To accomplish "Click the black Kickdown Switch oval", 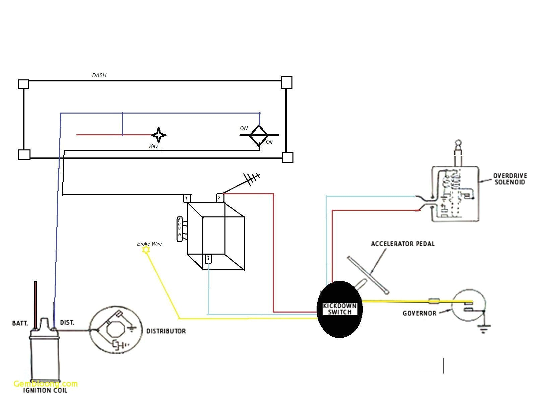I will (x=339, y=309).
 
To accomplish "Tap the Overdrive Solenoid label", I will (x=510, y=179).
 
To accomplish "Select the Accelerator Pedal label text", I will (x=403, y=244).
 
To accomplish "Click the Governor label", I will (x=419, y=314).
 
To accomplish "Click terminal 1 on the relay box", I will (x=187, y=199).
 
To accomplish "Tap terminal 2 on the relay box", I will (x=219, y=198).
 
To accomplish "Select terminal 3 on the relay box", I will (x=208, y=259).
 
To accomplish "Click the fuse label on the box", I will (x=180, y=229).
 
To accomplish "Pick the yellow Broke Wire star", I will (x=146, y=250).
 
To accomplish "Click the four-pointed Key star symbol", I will (x=158, y=135).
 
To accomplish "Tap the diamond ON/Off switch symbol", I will (x=259, y=135).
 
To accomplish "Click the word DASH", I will (x=99, y=75).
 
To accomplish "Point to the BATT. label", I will (x=20, y=323).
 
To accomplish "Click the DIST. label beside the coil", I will (x=67, y=323).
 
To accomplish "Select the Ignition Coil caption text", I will (x=45, y=391).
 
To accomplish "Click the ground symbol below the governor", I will (x=483, y=330).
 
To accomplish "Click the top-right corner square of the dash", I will (x=286, y=82).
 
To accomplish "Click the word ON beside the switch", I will (x=244, y=128).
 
